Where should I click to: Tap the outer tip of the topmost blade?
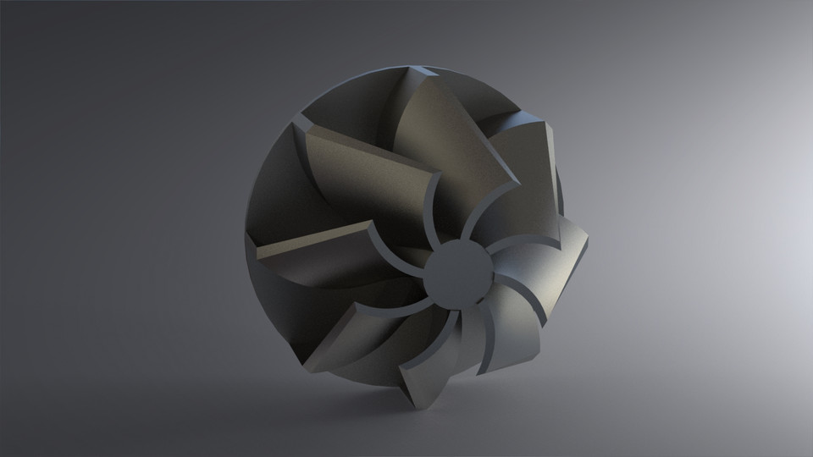417,68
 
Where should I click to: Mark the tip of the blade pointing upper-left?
299,126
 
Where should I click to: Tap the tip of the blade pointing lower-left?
309,368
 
